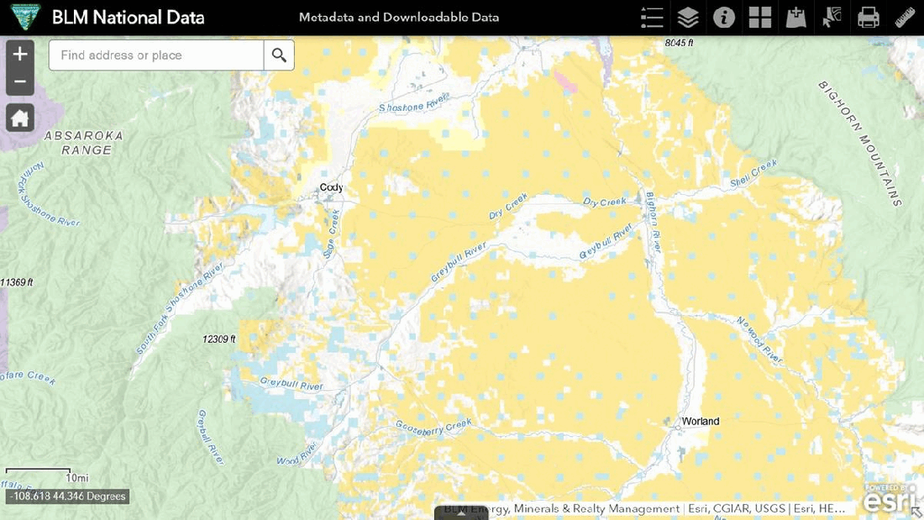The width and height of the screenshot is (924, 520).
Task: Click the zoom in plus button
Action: (20, 54)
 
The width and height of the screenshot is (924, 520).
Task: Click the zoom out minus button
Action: (20, 82)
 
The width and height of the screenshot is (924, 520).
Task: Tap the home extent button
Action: (20, 118)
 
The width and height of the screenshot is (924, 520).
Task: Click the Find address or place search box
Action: (156, 55)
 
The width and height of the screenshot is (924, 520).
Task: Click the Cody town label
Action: (331, 187)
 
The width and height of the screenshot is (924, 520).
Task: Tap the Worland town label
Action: (700, 421)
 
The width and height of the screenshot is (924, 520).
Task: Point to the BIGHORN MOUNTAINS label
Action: (859, 143)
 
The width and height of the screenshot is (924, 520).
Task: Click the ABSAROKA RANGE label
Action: (85, 143)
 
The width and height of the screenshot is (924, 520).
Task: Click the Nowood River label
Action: (759, 341)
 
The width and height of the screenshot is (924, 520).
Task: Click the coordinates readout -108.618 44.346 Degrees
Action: (67, 496)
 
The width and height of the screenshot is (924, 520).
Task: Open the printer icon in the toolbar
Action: (868, 17)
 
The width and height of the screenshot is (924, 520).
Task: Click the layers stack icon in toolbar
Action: (688, 17)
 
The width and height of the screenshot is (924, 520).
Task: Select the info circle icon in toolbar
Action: (724, 17)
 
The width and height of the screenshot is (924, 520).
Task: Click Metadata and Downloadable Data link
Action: (399, 17)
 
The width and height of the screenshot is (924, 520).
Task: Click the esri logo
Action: (890, 501)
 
